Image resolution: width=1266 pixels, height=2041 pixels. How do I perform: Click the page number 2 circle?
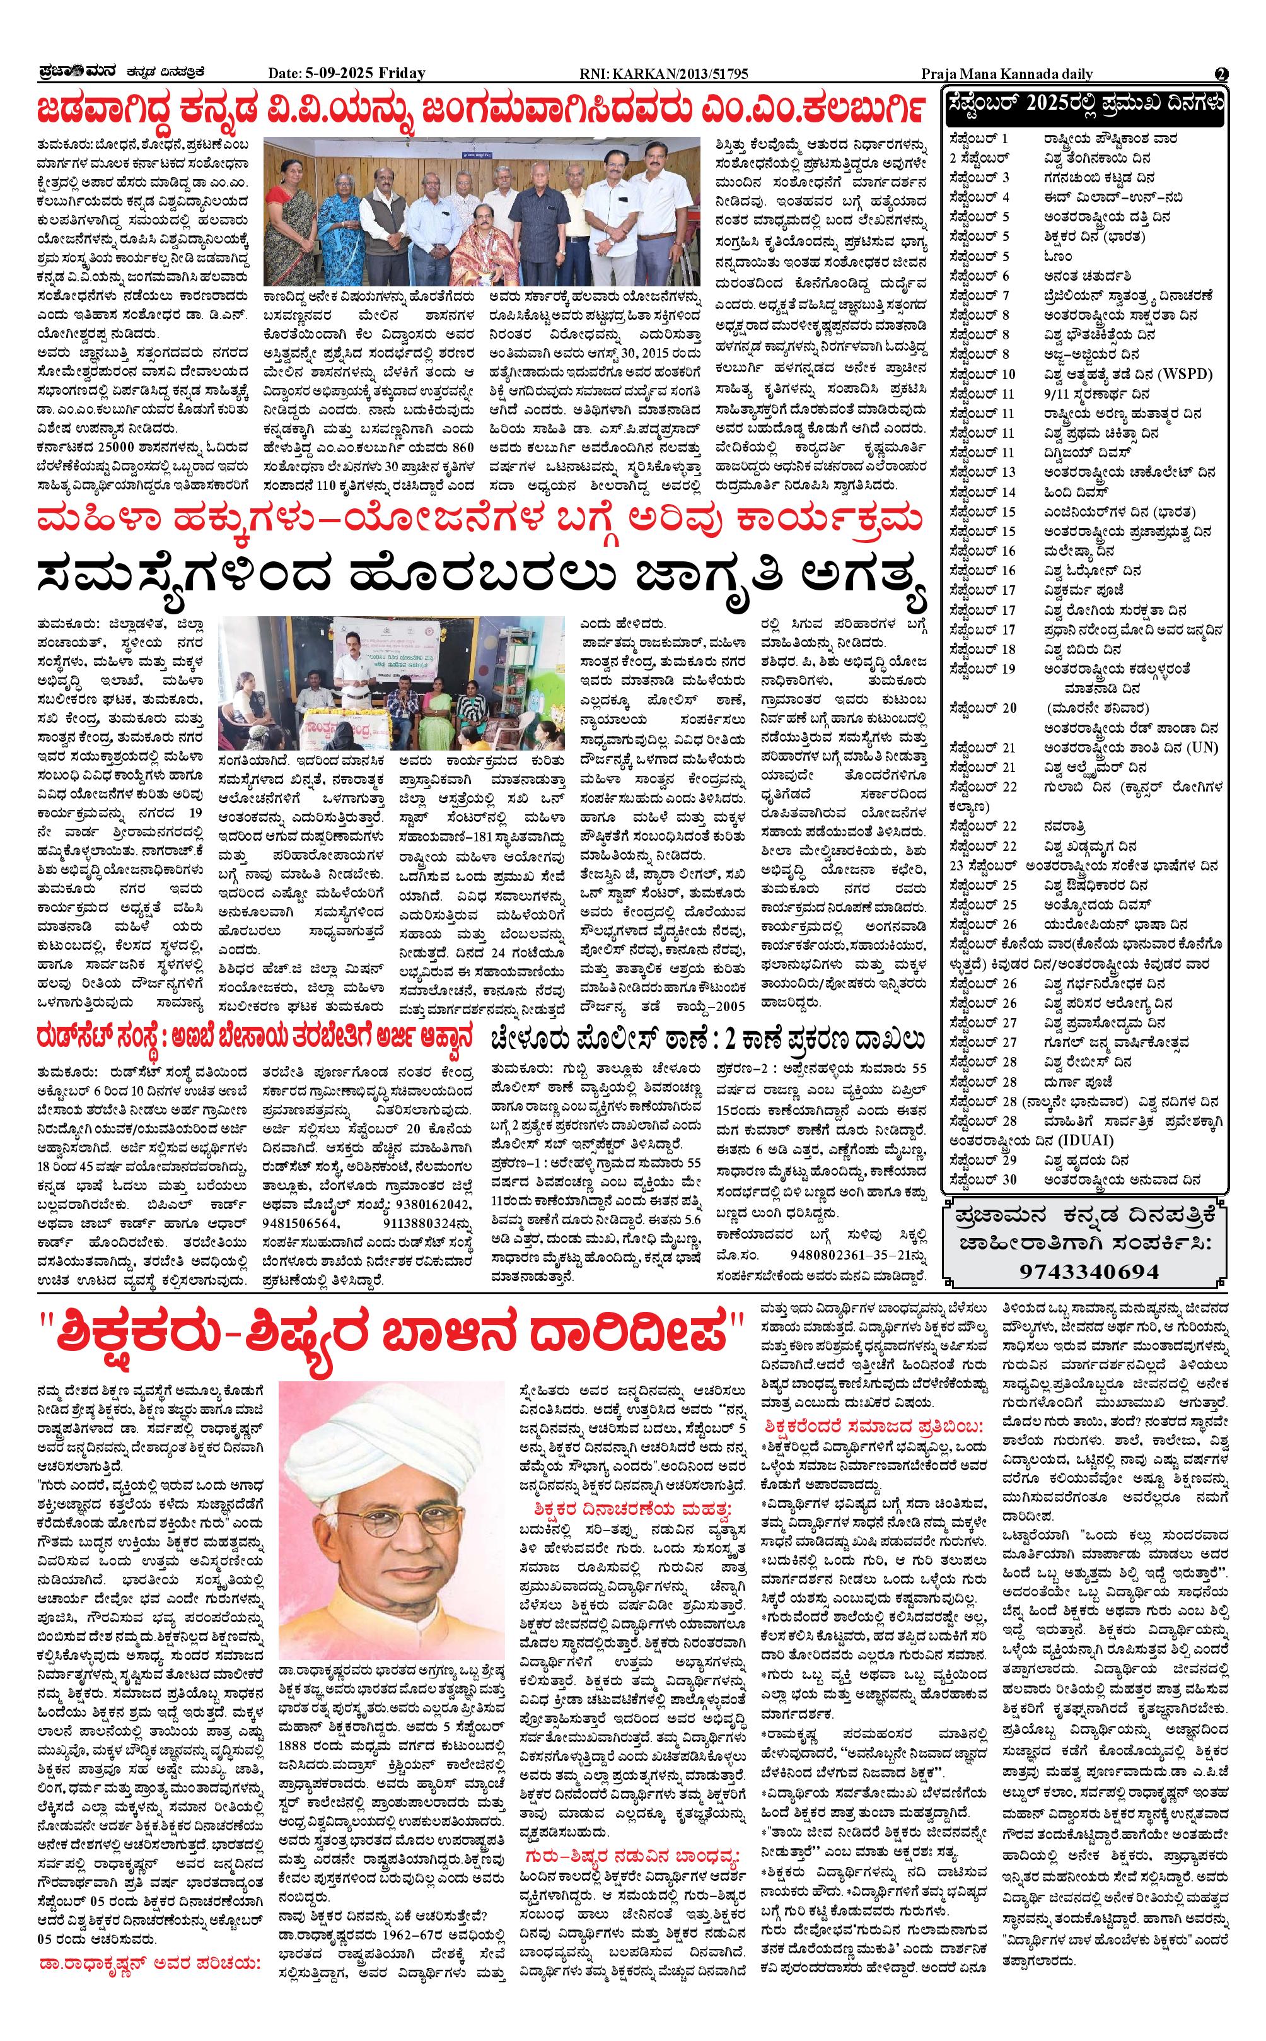point(1222,74)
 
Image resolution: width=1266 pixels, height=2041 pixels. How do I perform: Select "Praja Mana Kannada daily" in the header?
point(1006,74)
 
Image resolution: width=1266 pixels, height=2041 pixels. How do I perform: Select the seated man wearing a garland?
point(479,243)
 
